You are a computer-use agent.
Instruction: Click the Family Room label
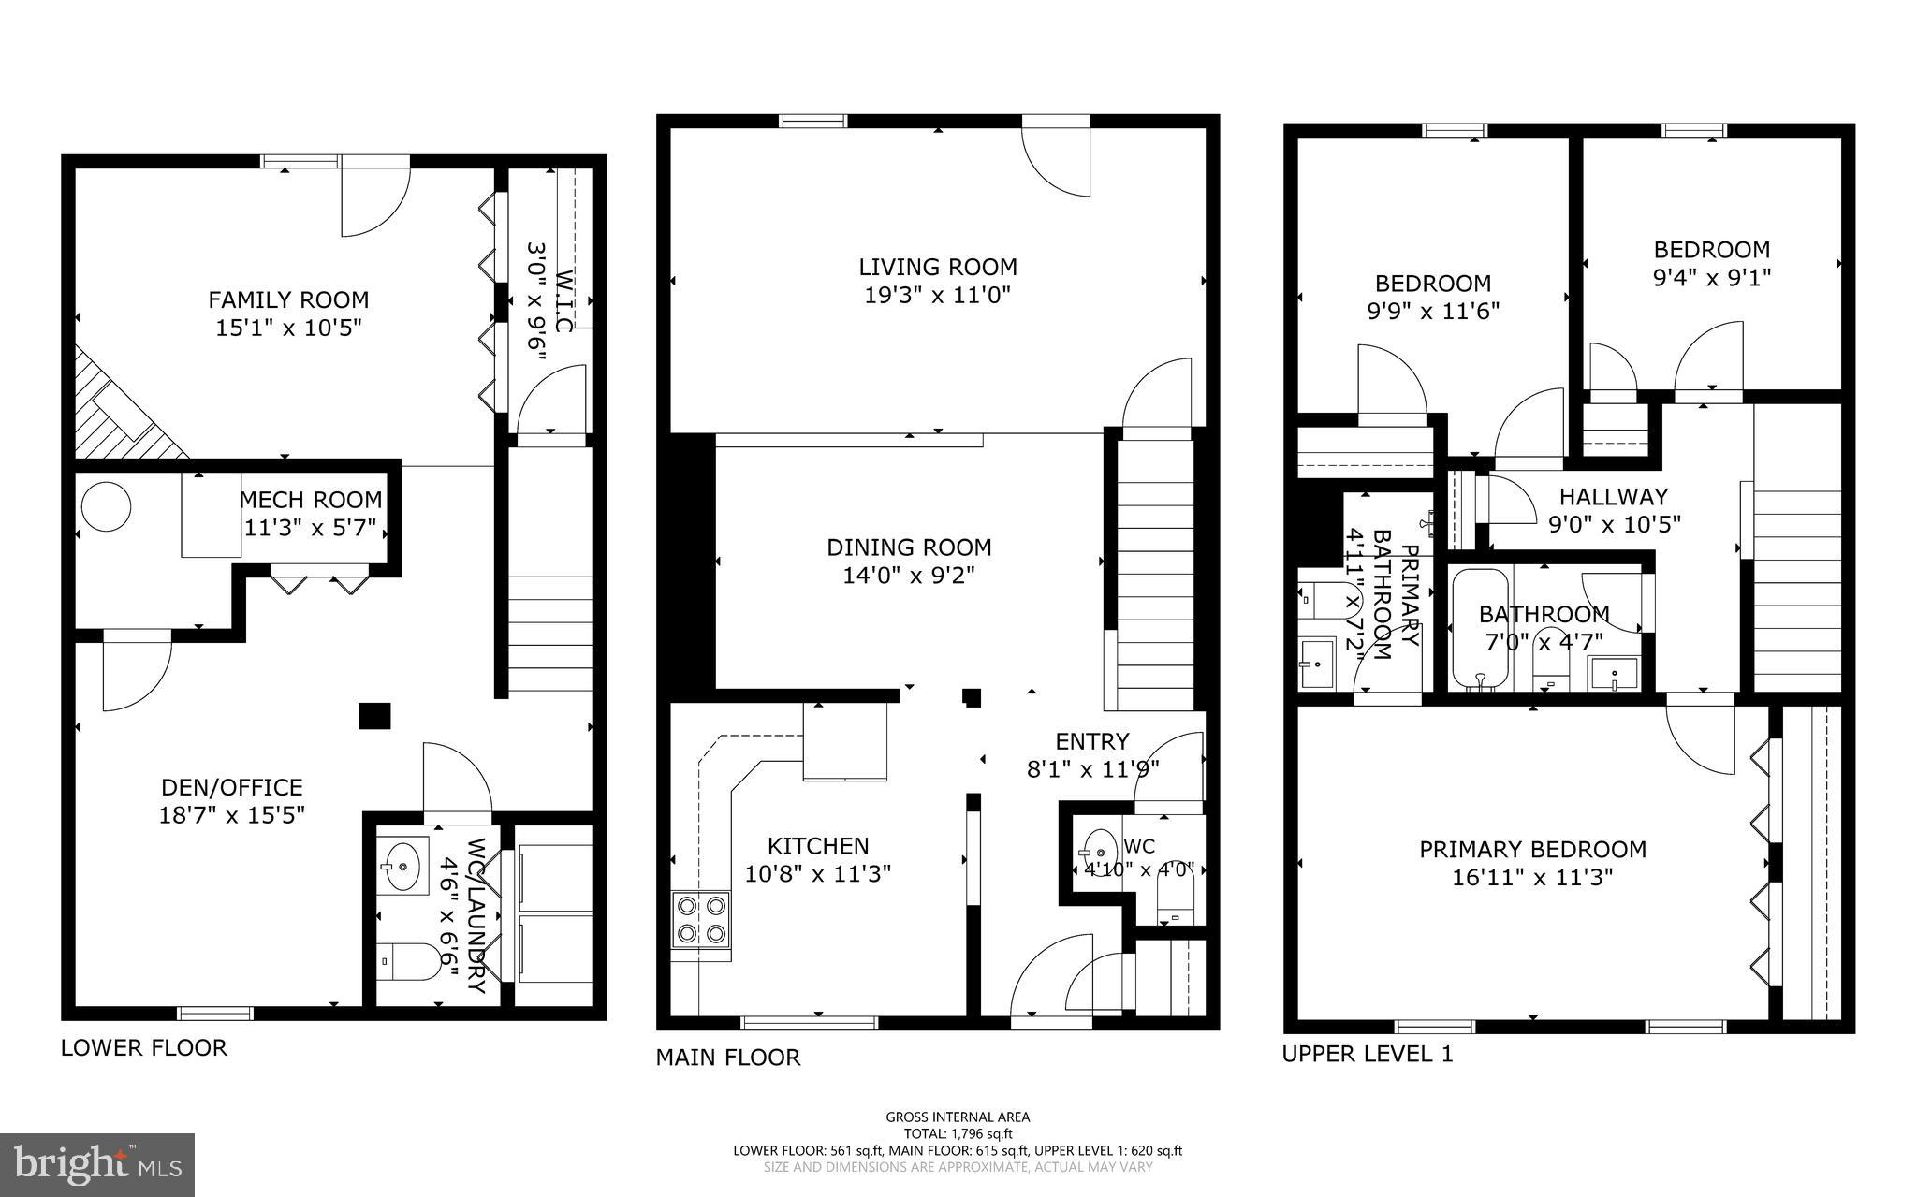click(x=288, y=300)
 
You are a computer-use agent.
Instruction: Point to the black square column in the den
click(x=374, y=715)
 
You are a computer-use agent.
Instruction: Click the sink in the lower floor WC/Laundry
click(x=402, y=863)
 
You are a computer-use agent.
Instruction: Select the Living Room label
click(x=937, y=268)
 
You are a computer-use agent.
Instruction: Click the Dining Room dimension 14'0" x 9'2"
click(x=908, y=575)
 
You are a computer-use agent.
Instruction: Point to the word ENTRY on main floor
click(x=1091, y=742)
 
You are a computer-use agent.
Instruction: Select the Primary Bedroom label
click(x=1532, y=850)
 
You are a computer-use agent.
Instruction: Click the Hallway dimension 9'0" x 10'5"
click(x=1614, y=524)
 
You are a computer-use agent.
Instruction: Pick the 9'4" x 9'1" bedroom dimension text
click(x=1711, y=278)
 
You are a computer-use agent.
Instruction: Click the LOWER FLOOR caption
click(x=143, y=1047)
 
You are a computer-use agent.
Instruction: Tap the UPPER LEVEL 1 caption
click(x=1367, y=1054)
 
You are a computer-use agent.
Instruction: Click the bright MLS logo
click(x=97, y=1163)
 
